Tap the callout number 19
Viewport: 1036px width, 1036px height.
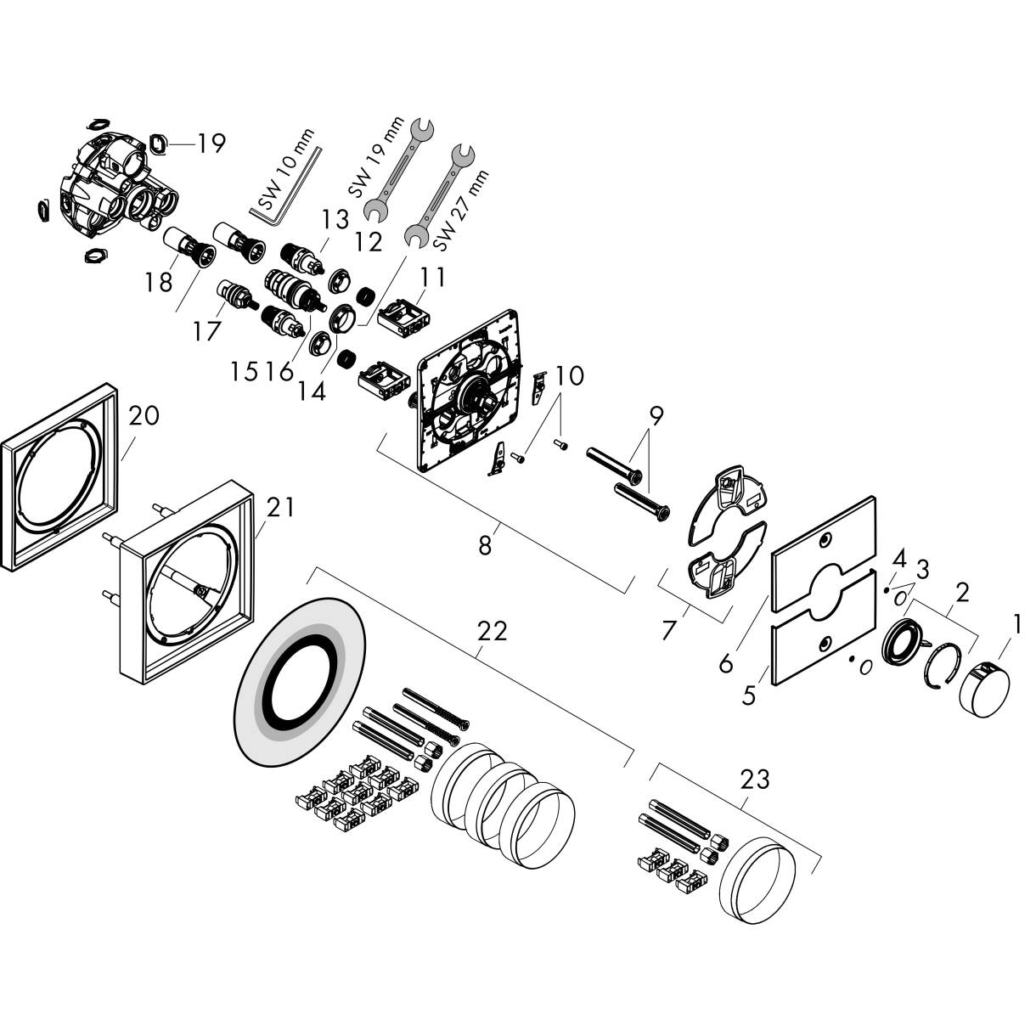206,144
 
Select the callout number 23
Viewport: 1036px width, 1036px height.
754,778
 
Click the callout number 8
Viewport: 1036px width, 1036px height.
484,545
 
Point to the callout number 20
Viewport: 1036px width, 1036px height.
144,416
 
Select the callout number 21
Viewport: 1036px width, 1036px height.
280,508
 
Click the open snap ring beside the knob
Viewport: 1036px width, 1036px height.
943,666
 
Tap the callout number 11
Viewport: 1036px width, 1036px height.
431,277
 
